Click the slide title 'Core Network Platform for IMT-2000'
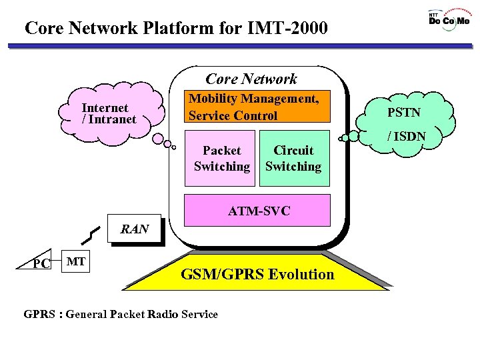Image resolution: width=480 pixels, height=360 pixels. (176, 28)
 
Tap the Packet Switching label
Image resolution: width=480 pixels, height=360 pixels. (222, 159)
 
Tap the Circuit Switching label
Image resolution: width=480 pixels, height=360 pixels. (293, 159)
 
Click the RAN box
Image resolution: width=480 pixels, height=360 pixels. (135, 229)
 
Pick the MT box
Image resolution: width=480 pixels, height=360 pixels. (76, 261)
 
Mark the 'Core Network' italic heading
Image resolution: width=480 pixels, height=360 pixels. (251, 79)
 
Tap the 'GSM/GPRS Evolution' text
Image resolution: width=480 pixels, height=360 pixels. (258, 274)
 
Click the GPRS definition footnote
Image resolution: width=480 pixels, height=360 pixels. (121, 314)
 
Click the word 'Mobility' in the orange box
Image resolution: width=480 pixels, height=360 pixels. (213, 99)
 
